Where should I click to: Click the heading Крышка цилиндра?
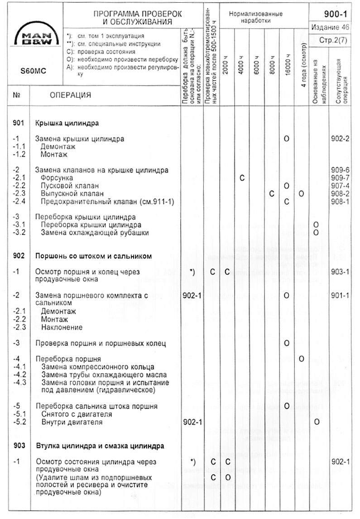(x=67, y=123)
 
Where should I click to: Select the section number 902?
(x=19, y=256)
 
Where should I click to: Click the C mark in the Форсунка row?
(x=242, y=178)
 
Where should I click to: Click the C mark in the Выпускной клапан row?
(x=272, y=194)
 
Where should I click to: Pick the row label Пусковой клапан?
(x=69, y=186)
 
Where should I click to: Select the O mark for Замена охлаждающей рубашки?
(x=316, y=232)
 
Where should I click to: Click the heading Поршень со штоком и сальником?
(x=93, y=256)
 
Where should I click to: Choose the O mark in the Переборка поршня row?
(x=302, y=359)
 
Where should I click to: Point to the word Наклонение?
(x=62, y=327)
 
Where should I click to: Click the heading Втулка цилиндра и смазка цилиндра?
(x=100, y=446)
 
